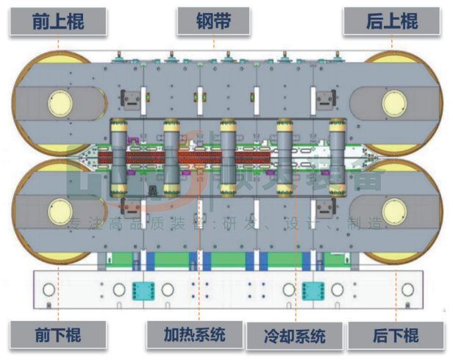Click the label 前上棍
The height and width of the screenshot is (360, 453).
click(x=58, y=21)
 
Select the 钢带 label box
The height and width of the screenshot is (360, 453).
click(x=214, y=21)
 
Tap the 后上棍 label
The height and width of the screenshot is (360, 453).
click(x=392, y=21)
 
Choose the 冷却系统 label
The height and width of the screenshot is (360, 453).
click(x=294, y=336)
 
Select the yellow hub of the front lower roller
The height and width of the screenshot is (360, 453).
click(x=60, y=213)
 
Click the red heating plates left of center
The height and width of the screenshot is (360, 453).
click(x=147, y=158)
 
